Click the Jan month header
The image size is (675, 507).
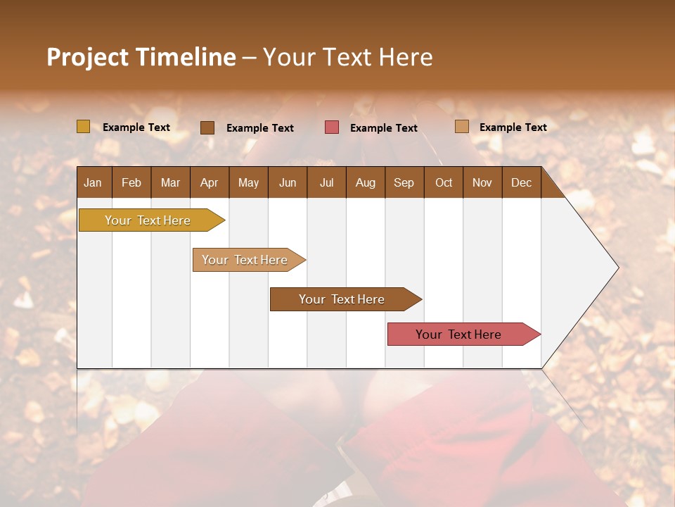[93, 182]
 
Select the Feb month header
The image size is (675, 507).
[131, 182]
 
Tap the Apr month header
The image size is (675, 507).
[209, 182]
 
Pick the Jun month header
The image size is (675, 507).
[287, 182]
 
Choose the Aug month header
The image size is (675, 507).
[365, 182]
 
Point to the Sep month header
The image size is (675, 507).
[404, 182]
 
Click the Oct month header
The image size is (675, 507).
[444, 182]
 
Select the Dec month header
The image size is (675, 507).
[521, 182]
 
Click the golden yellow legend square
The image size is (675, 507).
[83, 127]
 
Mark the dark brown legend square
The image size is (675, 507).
[207, 127]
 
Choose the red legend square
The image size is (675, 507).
[331, 127]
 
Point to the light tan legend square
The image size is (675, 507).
[461, 127]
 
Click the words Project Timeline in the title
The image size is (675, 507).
[141, 57]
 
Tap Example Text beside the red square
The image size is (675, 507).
[383, 128]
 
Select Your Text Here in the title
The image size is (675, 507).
[347, 57]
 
